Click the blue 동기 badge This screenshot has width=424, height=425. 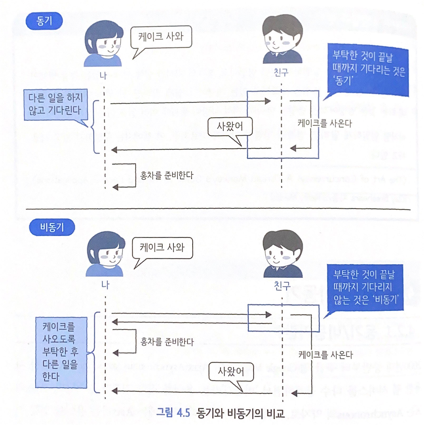(x=44, y=21)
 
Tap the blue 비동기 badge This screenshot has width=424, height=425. (x=52, y=227)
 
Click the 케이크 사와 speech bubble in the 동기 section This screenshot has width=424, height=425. (x=161, y=37)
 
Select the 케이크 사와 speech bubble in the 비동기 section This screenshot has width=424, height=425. (x=162, y=248)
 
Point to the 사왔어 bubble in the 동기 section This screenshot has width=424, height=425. (x=230, y=126)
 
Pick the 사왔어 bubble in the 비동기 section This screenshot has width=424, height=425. (x=231, y=371)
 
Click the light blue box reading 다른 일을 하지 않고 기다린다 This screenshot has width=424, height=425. (x=55, y=104)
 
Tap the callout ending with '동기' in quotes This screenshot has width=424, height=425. (x=368, y=69)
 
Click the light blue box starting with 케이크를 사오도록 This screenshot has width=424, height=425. (x=61, y=352)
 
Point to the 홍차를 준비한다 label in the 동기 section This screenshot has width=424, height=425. (x=167, y=175)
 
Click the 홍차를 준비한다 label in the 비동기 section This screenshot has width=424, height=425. (x=167, y=342)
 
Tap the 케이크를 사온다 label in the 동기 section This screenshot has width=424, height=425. (x=325, y=123)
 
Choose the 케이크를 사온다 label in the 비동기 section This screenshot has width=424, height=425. (x=325, y=355)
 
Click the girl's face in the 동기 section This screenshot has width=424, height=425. (x=107, y=43)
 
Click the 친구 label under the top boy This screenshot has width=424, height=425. (x=281, y=72)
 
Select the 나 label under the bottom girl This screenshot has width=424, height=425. (x=105, y=285)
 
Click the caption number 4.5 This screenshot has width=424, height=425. (x=183, y=412)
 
